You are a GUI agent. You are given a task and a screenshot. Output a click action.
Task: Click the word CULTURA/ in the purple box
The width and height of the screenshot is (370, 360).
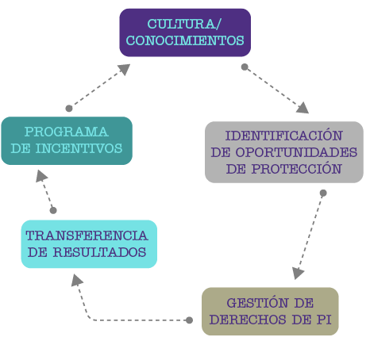184,24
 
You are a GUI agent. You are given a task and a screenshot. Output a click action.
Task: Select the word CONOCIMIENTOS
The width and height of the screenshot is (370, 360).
185,40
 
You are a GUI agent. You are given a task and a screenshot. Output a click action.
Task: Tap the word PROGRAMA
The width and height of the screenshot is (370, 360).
67,132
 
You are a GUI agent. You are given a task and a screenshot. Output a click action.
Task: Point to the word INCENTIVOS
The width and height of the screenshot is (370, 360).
79,148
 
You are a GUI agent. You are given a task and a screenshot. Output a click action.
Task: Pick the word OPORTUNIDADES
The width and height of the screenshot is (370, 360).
296,152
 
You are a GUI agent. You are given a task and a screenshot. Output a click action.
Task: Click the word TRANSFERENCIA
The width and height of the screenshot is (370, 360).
87,236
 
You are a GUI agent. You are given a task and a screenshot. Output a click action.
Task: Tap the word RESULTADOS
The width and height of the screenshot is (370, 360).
99,252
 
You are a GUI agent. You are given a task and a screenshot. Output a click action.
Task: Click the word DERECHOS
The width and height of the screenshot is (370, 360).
248,320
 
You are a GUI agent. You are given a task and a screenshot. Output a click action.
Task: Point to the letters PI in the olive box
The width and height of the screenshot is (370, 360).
324,320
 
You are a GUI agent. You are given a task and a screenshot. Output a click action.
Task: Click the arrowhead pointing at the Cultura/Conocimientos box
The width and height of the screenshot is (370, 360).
125,69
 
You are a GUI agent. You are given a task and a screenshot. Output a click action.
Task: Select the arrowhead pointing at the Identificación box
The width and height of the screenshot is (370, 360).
303,108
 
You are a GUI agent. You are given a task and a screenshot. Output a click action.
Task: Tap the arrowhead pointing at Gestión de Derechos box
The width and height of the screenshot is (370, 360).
298,273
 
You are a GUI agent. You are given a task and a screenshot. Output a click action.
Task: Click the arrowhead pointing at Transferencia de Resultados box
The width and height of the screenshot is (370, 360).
76,280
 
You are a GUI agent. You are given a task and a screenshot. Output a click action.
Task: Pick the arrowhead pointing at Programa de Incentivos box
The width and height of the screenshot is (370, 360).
41,176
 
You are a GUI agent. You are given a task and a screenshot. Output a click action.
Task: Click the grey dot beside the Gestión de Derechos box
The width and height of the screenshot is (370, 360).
189,320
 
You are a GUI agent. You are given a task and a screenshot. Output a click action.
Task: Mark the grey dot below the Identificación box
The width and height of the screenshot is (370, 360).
323,193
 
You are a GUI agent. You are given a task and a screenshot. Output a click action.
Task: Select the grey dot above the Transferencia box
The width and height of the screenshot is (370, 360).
53,210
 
